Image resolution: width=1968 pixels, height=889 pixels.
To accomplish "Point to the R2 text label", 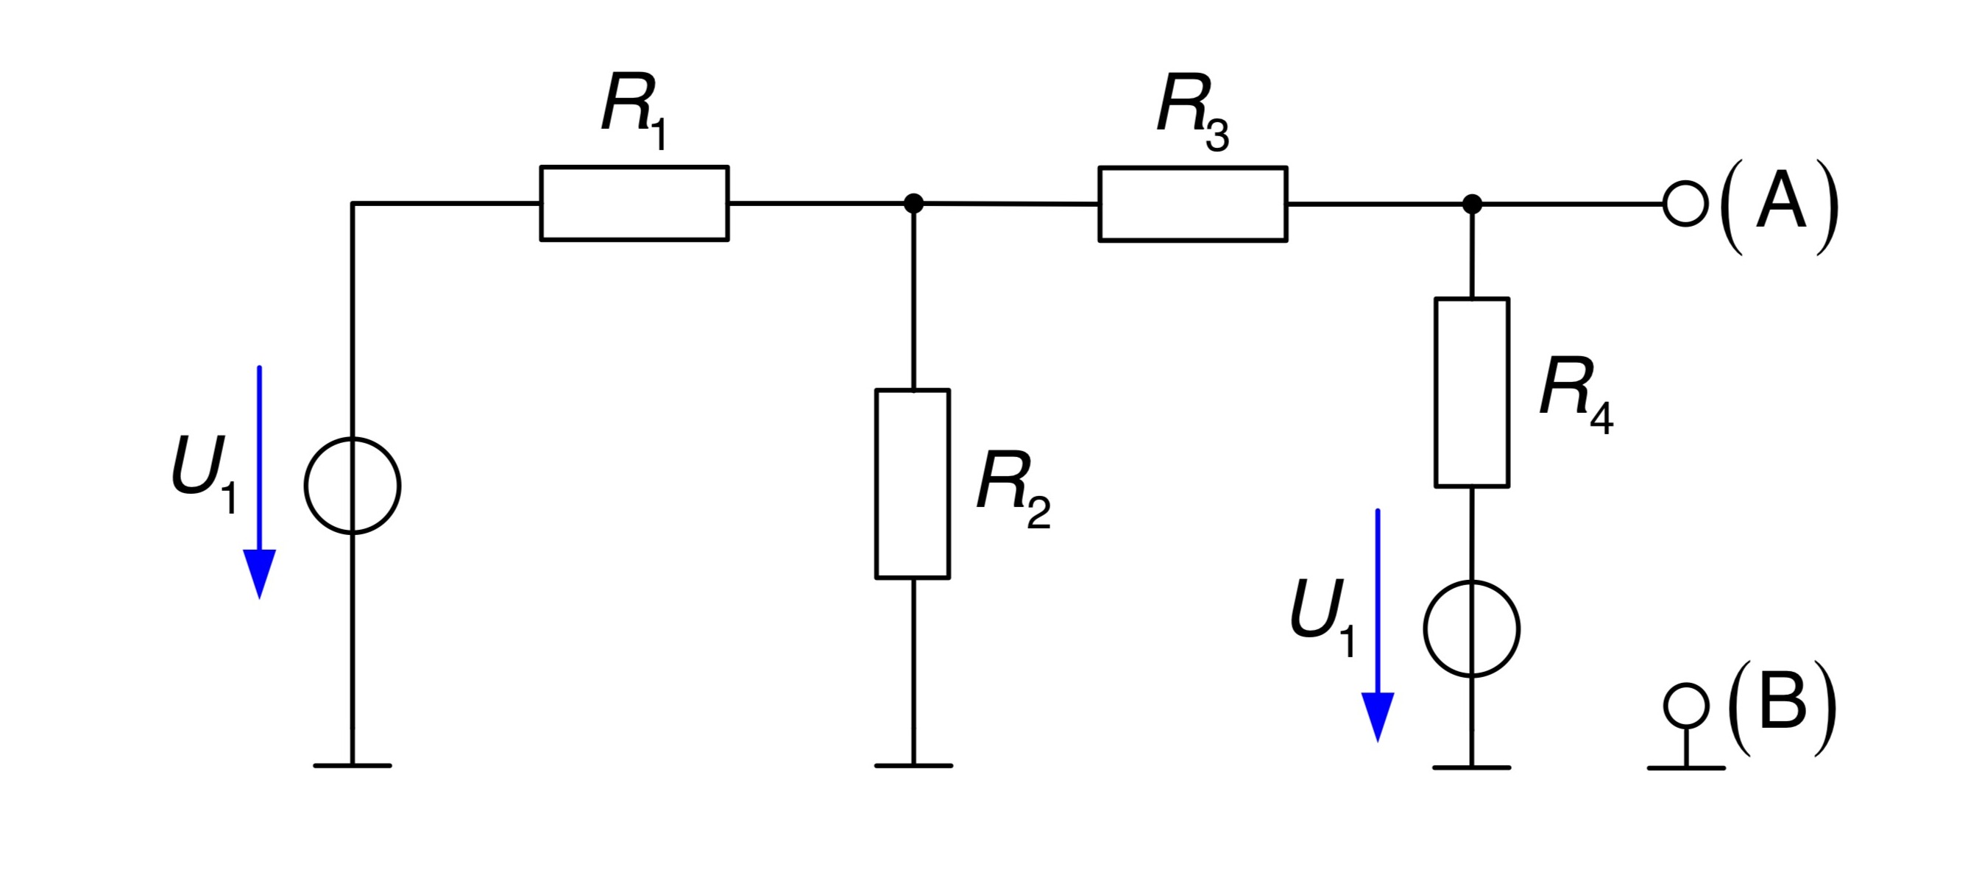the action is [1013, 489].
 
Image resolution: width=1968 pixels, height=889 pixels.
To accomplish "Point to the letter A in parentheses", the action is [1781, 204].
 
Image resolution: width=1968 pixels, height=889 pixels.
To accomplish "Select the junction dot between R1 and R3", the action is [913, 203].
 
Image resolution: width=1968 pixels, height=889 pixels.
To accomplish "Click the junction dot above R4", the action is [1472, 204].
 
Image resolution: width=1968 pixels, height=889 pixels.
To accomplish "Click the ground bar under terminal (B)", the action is [1686, 768].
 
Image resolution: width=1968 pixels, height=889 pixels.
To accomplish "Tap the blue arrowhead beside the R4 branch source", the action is [1378, 716].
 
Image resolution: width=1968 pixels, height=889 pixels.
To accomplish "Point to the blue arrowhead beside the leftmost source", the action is [259, 573].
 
